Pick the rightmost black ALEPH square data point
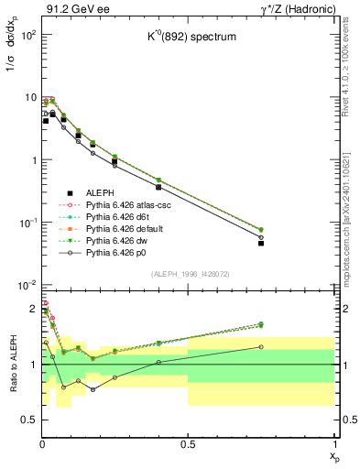coord(261,244)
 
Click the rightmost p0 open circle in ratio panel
coord(261,347)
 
